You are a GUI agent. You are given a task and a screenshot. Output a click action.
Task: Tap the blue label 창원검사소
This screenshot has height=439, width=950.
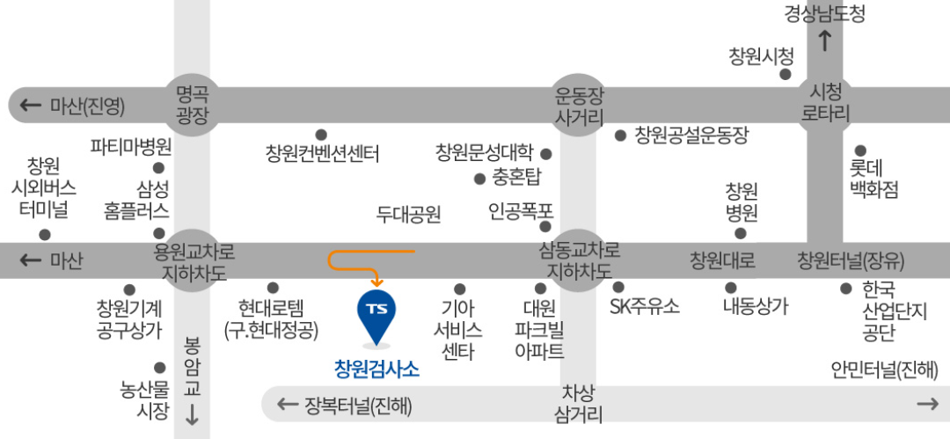coord(377,369)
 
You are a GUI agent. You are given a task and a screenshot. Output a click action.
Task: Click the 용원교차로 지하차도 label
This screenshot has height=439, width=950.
coord(194,262)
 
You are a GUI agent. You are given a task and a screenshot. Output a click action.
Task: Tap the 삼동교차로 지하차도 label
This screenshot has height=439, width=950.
coord(580,261)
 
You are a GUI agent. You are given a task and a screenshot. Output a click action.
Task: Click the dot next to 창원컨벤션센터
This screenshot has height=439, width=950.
coord(321,135)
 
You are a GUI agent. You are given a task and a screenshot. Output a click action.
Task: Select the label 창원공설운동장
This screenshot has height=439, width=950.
coord(691,135)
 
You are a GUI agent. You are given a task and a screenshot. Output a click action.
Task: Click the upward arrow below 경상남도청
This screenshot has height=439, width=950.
coord(825,40)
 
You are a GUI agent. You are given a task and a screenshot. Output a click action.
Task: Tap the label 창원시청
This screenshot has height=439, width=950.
coord(761,57)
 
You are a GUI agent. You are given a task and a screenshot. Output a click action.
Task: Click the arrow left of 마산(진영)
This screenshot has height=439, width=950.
coord(31,106)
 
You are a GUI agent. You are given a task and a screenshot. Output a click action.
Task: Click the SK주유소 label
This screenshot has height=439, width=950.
coord(645,306)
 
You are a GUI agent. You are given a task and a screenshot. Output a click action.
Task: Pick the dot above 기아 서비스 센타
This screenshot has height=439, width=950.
coord(459,289)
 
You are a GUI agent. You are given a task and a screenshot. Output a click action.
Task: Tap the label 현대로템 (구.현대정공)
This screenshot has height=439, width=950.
coord(271,318)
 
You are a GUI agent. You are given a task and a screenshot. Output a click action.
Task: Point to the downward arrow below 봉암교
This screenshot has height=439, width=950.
coord(192,417)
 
